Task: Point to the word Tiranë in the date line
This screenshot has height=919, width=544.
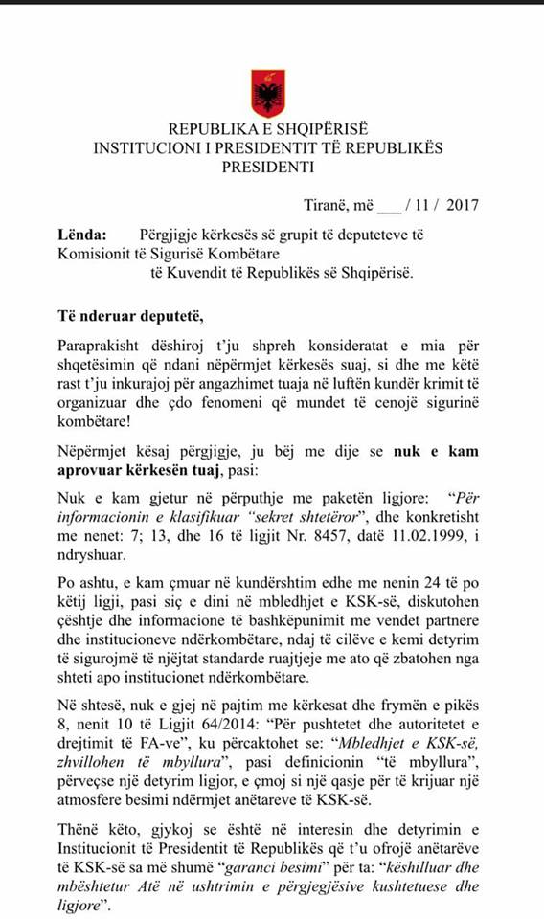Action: tap(322, 203)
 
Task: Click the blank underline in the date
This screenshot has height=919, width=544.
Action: tap(390, 204)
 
